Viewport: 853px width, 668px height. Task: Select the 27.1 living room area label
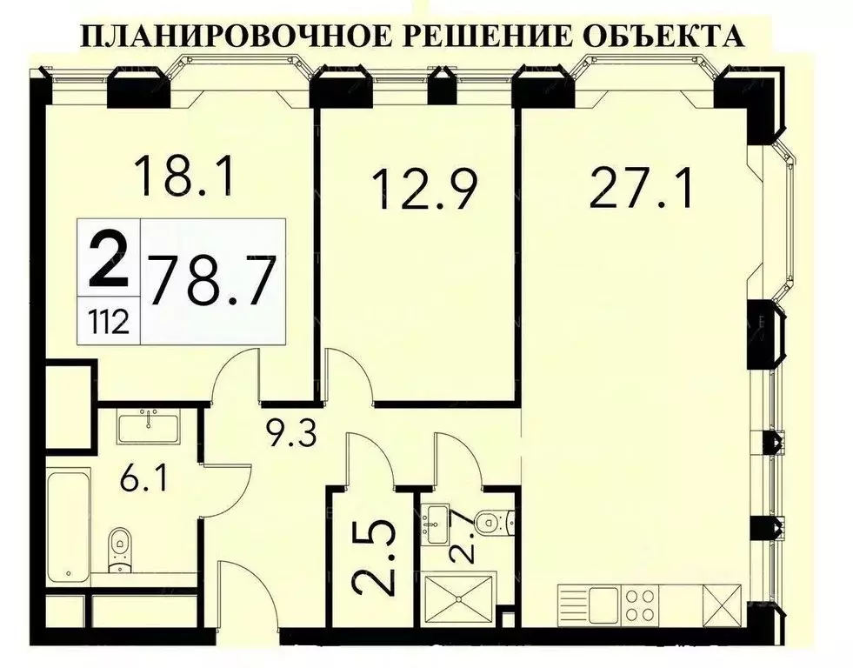[641, 188]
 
